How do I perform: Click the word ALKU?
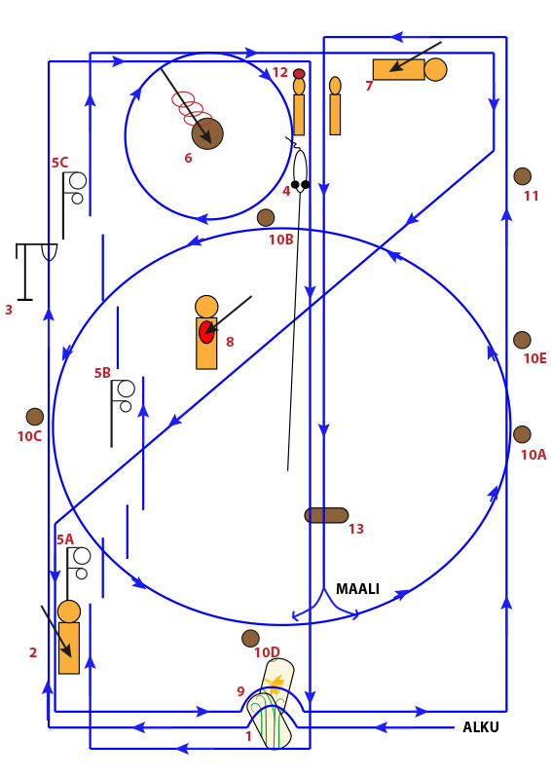tap(481, 726)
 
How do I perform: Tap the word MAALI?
tap(357, 589)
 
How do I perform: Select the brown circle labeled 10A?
tap(522, 434)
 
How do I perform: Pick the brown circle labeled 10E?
tap(522, 340)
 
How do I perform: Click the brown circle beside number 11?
tap(522, 176)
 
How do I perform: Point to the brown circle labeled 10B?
tap(266, 217)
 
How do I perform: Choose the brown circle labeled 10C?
tap(35, 417)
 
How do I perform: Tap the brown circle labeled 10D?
tap(250, 639)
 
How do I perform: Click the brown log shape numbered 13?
tap(326, 515)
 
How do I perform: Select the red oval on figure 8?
tap(206, 332)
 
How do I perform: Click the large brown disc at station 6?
tap(207, 133)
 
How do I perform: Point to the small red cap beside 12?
tap(299, 74)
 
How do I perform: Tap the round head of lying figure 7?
tap(435, 69)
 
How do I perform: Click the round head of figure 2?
tap(69, 612)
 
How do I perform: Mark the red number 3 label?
tap(9, 310)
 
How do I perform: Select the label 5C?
tap(59, 163)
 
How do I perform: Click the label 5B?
tap(102, 373)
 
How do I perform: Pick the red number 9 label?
tap(240, 691)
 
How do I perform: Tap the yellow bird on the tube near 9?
tap(275, 683)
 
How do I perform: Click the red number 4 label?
tap(286, 191)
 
